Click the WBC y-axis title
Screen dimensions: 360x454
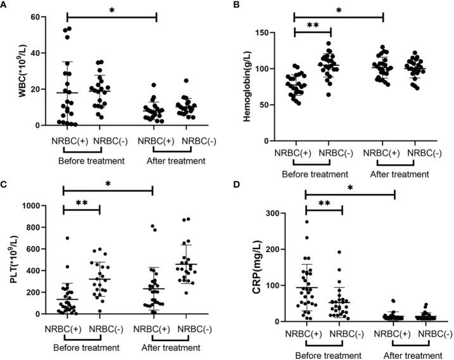[x=9, y=71]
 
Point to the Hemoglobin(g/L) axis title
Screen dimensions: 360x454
[x=244, y=87]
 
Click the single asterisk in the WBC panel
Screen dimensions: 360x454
[x=111, y=11]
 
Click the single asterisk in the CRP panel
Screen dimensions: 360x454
[x=350, y=187]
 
